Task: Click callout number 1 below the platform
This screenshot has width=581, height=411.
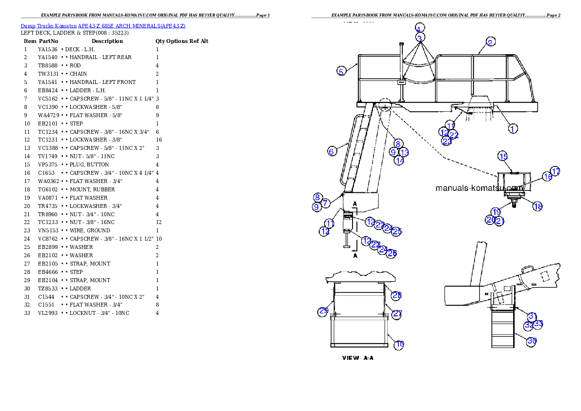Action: pyautogui.click(x=513, y=128)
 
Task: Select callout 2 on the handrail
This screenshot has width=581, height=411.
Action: pyautogui.click(x=491, y=41)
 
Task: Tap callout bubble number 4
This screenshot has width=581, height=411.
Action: pyautogui.click(x=420, y=28)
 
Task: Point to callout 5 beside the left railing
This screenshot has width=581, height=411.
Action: pyautogui.click(x=342, y=71)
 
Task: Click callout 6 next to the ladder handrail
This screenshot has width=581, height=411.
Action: pyautogui.click(x=332, y=151)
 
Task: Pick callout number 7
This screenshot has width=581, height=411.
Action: pyautogui.click(x=326, y=202)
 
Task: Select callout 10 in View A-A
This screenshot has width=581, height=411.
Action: pyautogui.click(x=399, y=344)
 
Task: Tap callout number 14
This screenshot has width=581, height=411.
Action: pyautogui.click(x=399, y=160)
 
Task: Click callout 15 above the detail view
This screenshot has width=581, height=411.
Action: pyautogui.click(x=503, y=156)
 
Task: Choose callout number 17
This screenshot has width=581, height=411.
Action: pyautogui.click(x=556, y=172)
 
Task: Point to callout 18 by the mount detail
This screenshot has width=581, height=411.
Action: pyautogui.click(x=538, y=206)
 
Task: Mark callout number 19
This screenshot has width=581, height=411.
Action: pyautogui.click(x=496, y=212)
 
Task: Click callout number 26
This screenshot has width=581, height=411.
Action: pyautogui.click(x=392, y=253)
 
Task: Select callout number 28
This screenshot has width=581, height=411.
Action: pyautogui.click(x=396, y=295)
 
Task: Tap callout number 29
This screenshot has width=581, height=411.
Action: pyautogui.click(x=323, y=311)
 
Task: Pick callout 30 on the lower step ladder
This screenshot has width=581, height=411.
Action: pyautogui.click(x=532, y=342)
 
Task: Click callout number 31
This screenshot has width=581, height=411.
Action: pyautogui.click(x=533, y=316)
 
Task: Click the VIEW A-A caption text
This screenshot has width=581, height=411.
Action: pyautogui.click(x=358, y=358)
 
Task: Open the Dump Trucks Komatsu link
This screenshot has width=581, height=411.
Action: pyautogui.click(x=103, y=26)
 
